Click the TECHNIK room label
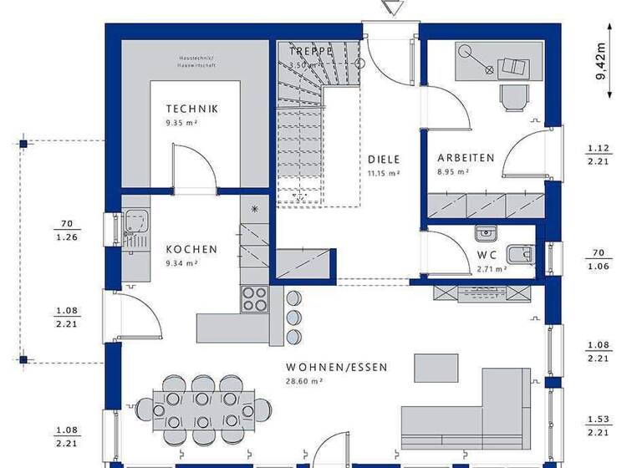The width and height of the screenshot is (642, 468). coord(191,109)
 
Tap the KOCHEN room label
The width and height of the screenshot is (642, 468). coord(191,249)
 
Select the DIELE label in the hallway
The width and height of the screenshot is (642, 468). coord(384,159)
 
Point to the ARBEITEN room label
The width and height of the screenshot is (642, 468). coord(466,157)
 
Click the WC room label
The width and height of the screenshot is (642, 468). coord(487,255)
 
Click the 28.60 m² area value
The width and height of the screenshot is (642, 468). coord(304,380)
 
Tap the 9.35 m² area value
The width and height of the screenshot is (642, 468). coord(181,122)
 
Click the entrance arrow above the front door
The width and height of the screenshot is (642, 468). coord(389,8)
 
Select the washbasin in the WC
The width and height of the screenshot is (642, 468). coord(485,233)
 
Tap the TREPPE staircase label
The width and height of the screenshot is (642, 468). coord(312,51)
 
